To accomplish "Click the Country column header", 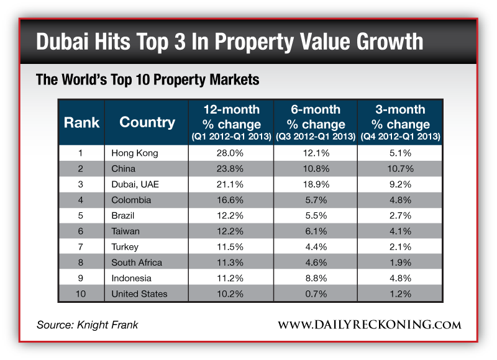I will (147, 122).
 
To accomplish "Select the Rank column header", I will (81, 122).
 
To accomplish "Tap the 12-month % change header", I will (231, 122).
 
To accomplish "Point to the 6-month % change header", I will (316, 122).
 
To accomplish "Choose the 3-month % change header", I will (400, 122).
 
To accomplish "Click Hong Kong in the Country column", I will (135, 153).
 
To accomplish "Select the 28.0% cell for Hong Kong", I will (231, 153).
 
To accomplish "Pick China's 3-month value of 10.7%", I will (400, 168).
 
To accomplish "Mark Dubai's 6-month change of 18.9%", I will (316, 184).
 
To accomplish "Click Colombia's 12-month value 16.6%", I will (231, 200).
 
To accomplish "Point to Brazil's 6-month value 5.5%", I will (316, 215).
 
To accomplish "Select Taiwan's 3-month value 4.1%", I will (400, 231).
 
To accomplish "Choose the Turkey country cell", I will (125, 246).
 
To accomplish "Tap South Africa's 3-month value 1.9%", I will (400, 263).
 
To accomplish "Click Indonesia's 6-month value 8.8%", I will (316, 278).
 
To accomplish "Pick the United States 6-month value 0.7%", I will (316, 294).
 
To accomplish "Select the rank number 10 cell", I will (81, 294).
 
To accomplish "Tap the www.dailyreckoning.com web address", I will (369, 325).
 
